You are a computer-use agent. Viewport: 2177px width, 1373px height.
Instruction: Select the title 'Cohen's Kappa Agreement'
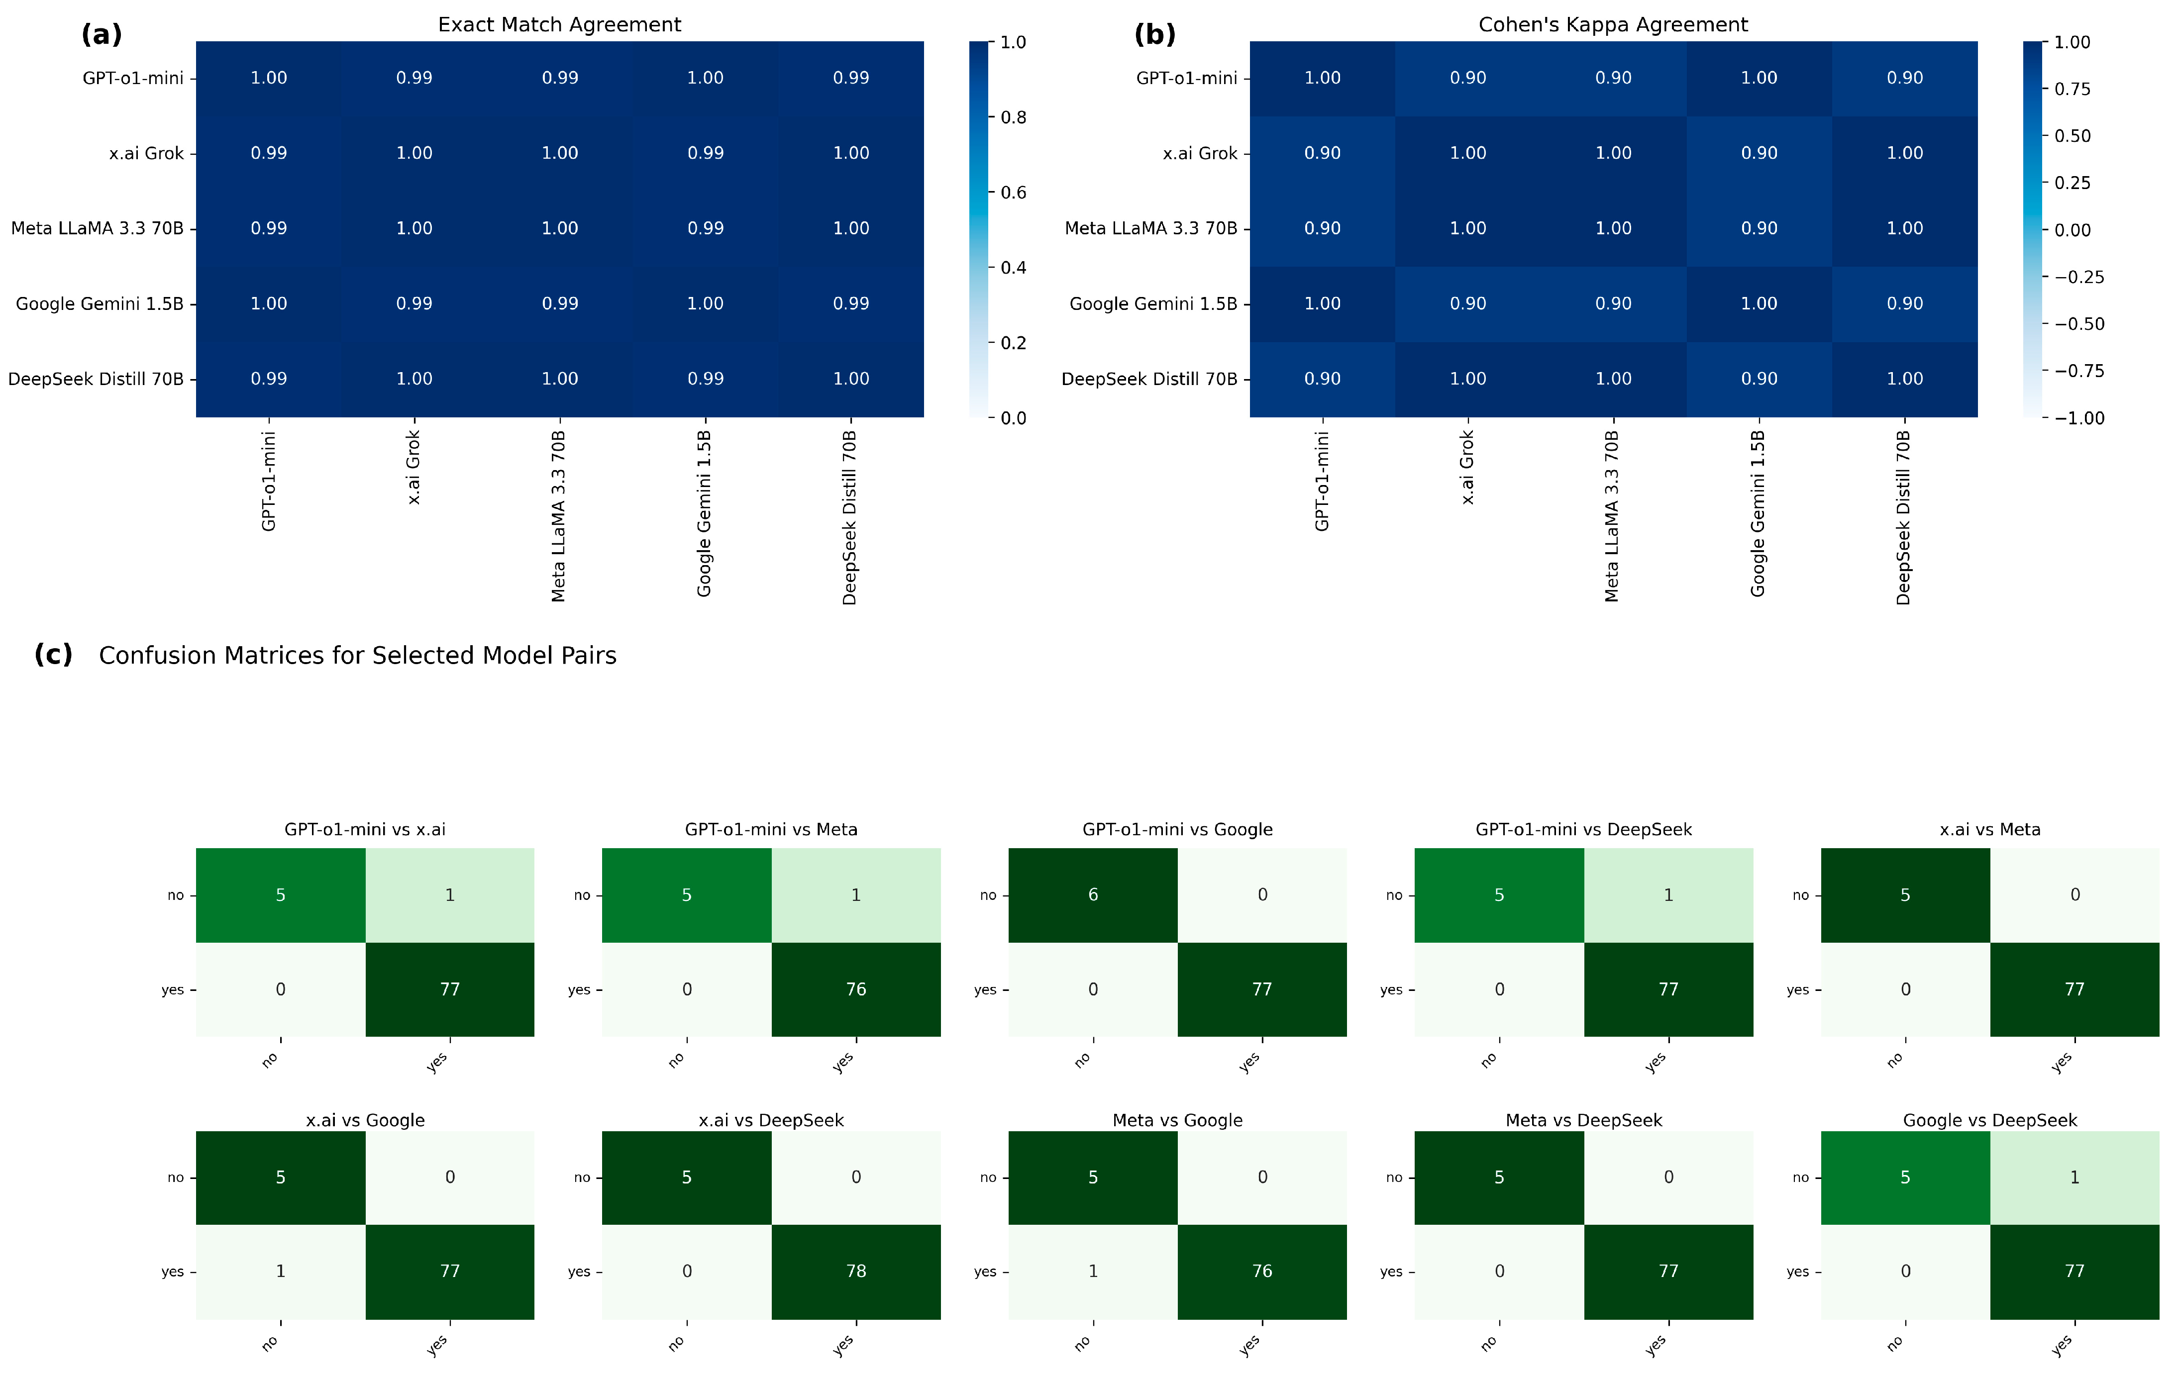1613,24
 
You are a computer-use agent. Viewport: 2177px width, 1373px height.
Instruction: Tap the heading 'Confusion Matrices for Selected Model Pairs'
357,655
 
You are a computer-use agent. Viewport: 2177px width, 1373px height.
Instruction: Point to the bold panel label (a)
101,34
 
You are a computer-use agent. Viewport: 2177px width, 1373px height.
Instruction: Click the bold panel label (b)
1154,34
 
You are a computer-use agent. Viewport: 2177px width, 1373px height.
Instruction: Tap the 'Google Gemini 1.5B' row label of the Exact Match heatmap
100,304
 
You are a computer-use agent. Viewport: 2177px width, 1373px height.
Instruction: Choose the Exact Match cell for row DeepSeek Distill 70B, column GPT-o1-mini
269,379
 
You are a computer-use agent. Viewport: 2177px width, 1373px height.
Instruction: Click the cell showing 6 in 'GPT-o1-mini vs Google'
1093,895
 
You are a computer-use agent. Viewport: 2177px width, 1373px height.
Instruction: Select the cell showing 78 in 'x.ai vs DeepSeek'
856,1271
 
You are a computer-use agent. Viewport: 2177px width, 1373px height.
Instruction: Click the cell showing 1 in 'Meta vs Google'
1093,1271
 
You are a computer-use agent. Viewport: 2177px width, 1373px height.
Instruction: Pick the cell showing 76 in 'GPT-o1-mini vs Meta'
856,989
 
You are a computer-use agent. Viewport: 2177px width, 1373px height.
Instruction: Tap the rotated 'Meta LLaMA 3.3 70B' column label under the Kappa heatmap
1612,516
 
